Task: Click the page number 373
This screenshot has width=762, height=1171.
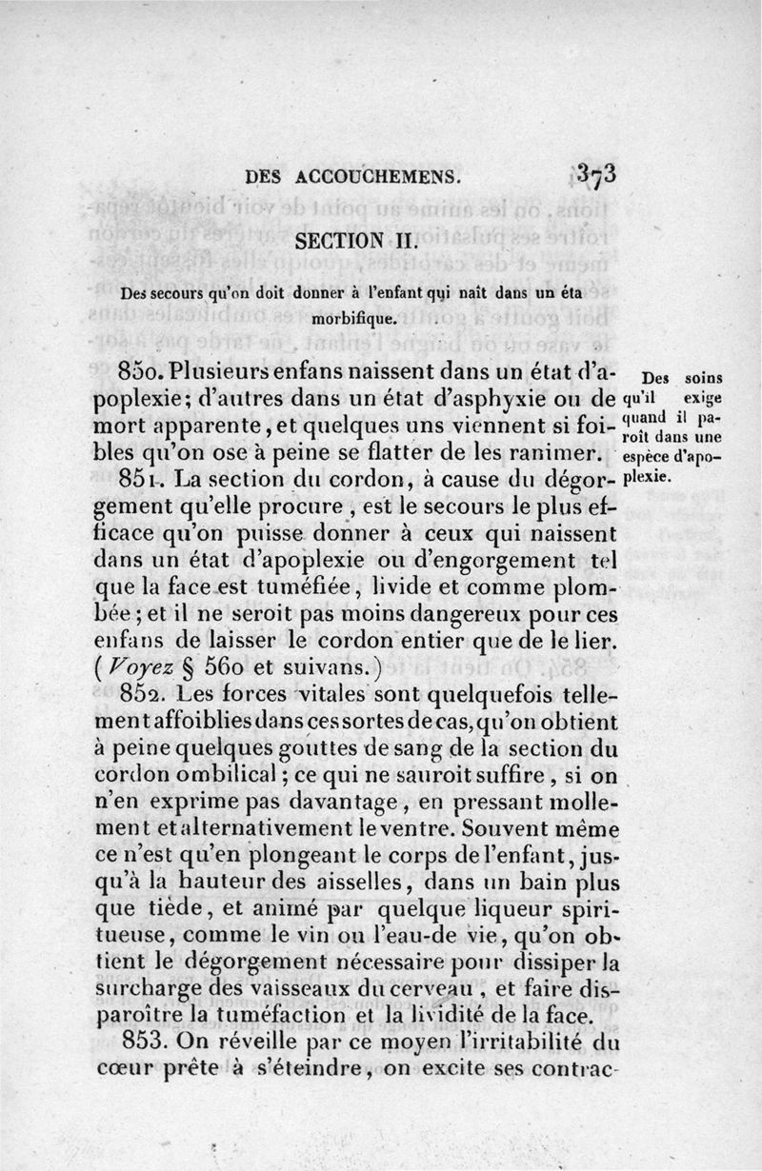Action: tap(597, 174)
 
